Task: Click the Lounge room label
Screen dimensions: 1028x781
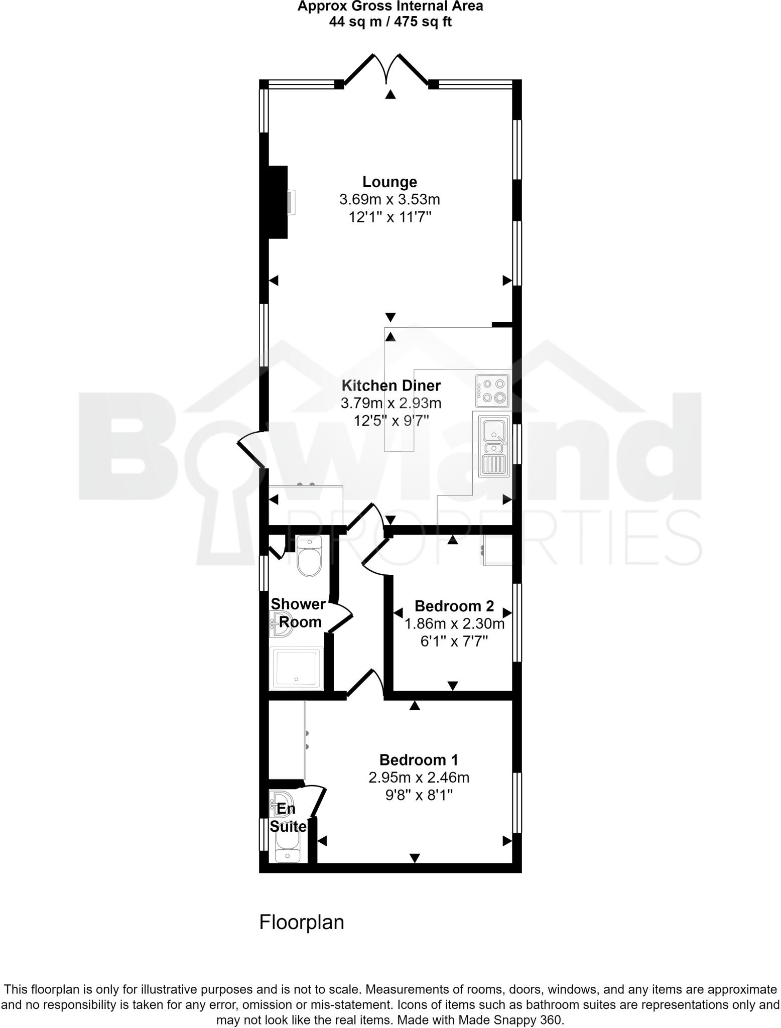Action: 389,182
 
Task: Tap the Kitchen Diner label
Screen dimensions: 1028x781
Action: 391,385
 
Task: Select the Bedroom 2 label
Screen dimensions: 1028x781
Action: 454,606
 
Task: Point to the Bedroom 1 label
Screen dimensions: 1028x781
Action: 419,760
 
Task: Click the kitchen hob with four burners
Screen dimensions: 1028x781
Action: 492,391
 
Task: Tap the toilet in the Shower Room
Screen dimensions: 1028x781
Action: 309,557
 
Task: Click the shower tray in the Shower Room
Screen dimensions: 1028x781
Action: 296,668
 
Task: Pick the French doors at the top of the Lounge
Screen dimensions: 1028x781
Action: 386,70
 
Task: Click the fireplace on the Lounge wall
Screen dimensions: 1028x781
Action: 279,202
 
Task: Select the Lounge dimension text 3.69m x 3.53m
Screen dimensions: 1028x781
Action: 389,200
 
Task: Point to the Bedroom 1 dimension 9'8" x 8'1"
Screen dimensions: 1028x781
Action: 419,795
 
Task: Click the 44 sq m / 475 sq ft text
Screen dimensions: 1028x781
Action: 390,22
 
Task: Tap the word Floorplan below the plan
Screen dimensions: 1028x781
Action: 302,922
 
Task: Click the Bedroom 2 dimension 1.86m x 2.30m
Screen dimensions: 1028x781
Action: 454,624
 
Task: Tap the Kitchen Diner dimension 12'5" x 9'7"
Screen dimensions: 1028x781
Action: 391,420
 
